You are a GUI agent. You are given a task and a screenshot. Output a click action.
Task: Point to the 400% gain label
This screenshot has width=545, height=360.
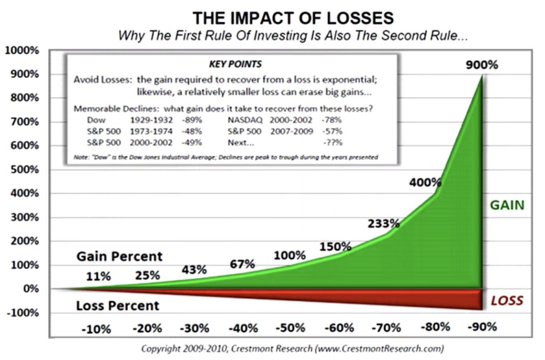[x=425, y=182]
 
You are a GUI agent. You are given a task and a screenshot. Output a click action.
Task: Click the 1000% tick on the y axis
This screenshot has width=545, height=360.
[x=22, y=51]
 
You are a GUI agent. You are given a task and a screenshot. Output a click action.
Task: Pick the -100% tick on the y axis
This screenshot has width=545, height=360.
[x=22, y=313]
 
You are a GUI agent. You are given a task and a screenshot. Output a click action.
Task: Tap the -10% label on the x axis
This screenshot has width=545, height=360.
[x=96, y=329]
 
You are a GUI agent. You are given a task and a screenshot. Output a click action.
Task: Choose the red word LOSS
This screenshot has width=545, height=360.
[x=507, y=300]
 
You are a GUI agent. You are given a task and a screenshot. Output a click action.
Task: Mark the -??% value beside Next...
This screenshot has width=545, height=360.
[x=332, y=143]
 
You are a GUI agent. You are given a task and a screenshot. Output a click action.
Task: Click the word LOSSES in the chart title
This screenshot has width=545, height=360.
[x=353, y=18]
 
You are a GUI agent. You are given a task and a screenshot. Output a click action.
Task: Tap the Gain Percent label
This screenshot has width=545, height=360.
[x=119, y=256]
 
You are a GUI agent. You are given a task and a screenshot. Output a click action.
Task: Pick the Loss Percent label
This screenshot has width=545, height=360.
[x=117, y=306]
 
